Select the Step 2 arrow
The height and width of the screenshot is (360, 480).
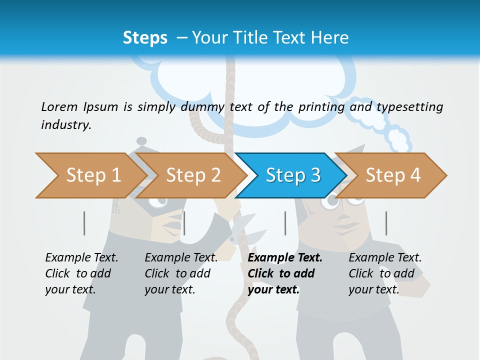pos(193,175)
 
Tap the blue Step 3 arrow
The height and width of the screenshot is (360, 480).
pos(293,175)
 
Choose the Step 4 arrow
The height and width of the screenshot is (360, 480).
pos(393,175)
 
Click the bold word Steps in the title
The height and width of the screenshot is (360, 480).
pos(145,38)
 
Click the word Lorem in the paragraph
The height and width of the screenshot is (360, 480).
pos(59,106)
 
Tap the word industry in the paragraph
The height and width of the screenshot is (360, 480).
pos(65,125)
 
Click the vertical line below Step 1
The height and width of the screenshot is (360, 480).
pos(84,223)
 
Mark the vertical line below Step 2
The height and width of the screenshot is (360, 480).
pos(184,223)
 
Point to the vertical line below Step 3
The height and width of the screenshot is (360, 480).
pos(285,223)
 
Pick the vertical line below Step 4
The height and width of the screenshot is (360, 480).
pos(386,223)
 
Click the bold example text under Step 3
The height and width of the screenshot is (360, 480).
pos(284,273)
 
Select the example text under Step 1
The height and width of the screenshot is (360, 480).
pos(81,273)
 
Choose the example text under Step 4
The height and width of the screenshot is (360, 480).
pos(384,273)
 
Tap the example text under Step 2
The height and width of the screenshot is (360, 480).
pos(180,273)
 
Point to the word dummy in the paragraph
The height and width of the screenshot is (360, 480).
pos(205,107)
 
